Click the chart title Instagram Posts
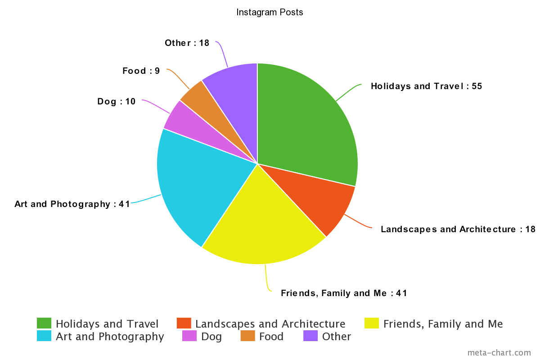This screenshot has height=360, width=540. pos(270,13)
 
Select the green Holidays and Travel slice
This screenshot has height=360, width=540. pos(306,121)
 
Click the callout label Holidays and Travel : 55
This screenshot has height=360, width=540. pos(426,86)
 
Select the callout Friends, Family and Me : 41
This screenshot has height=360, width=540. pos(344,293)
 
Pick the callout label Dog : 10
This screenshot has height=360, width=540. pos(116,101)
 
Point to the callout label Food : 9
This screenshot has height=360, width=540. pos(141,71)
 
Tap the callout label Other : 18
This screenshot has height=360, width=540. pos(187,43)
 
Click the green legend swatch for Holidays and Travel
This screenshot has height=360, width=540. pos(44,324)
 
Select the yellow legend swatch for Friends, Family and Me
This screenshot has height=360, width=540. pos(372,324)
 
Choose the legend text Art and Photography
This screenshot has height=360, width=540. pos(109,336)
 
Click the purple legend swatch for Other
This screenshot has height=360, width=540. pos(310,336)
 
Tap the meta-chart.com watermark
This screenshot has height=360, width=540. pos(499,353)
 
